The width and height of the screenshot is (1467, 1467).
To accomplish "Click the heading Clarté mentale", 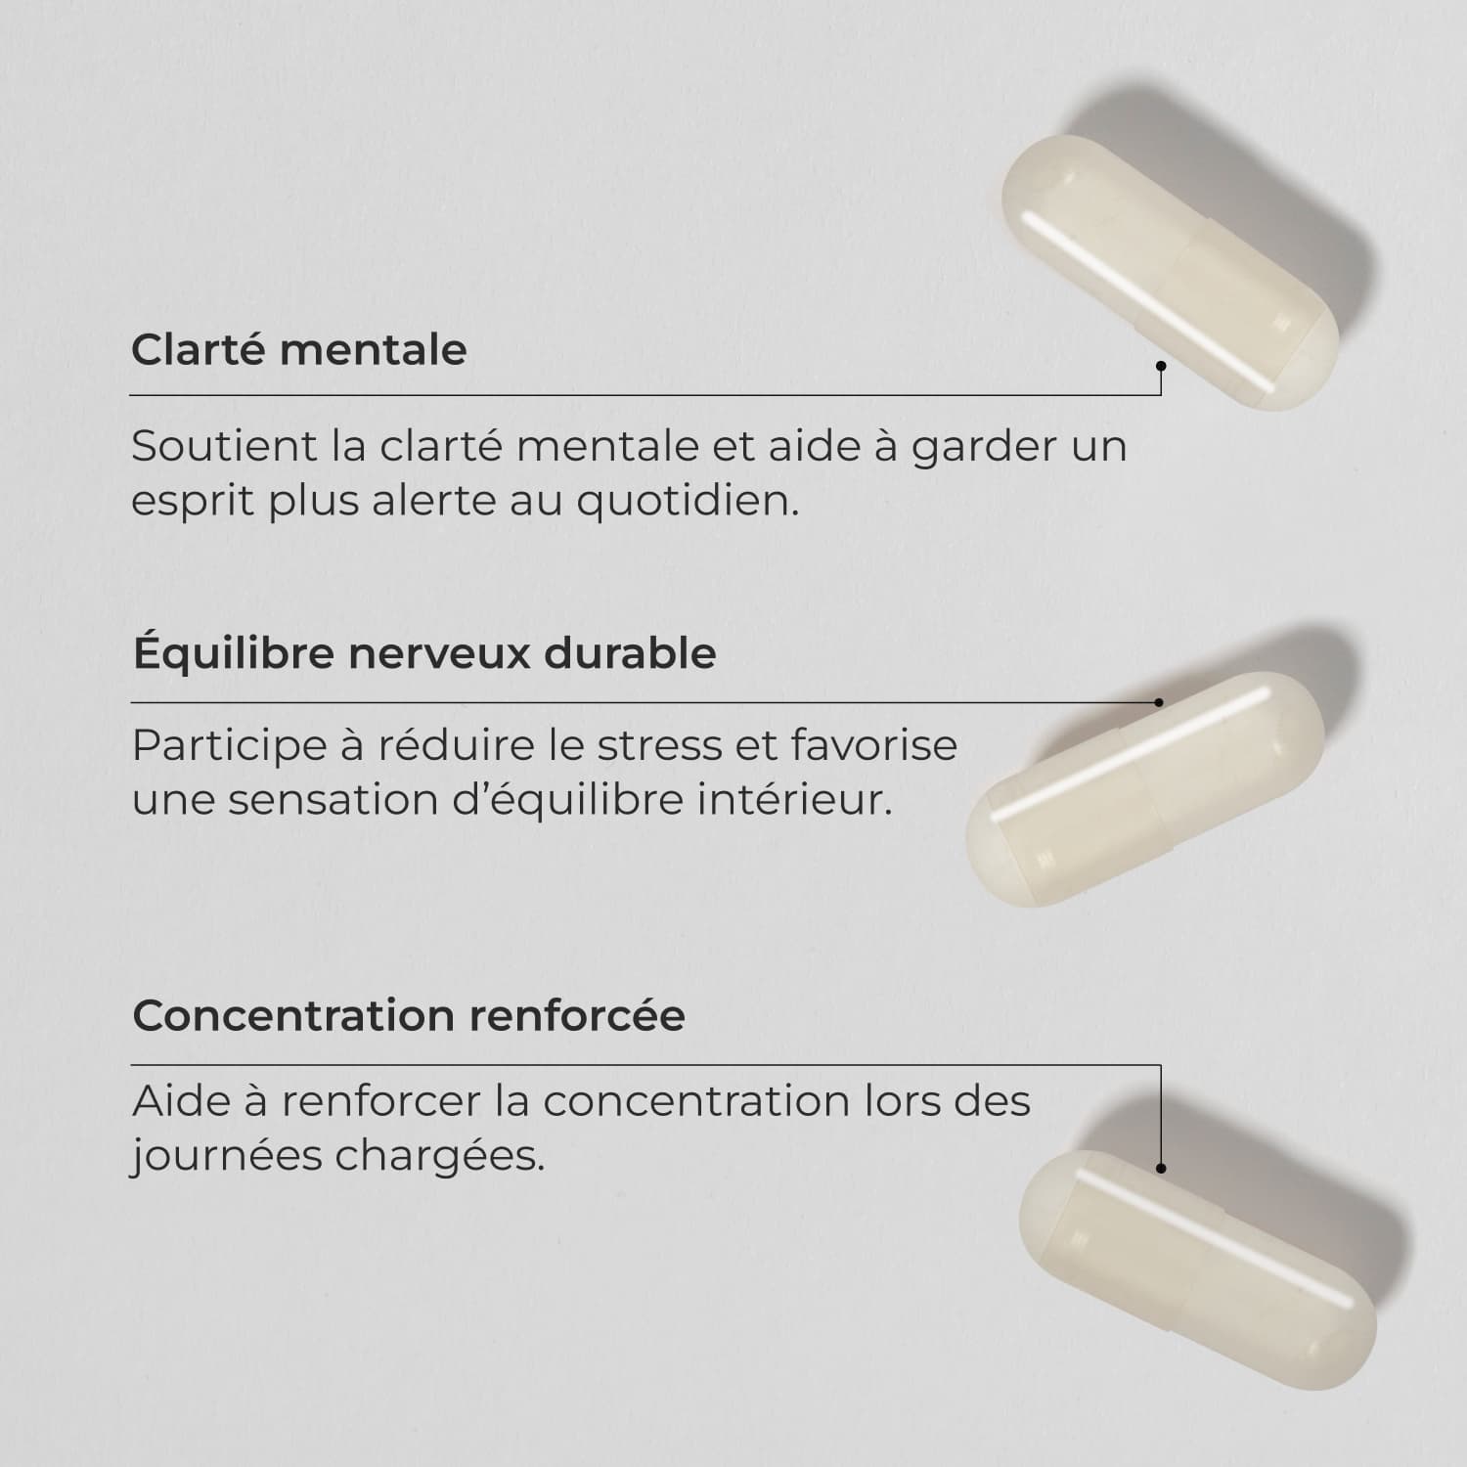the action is (299, 349).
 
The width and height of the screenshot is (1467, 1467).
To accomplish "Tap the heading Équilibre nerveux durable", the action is (424, 652).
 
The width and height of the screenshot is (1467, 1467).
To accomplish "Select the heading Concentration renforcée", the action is (409, 1015).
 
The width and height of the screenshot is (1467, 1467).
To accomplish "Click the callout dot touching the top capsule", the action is (1161, 367).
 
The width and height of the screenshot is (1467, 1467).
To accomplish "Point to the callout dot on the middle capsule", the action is (1159, 702).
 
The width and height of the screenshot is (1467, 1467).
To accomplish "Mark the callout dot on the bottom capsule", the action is (1161, 1168).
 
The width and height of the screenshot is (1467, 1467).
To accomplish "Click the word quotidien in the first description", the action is (688, 501).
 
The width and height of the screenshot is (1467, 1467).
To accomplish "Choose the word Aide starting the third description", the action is (179, 1101).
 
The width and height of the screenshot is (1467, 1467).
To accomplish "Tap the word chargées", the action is (440, 1157).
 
